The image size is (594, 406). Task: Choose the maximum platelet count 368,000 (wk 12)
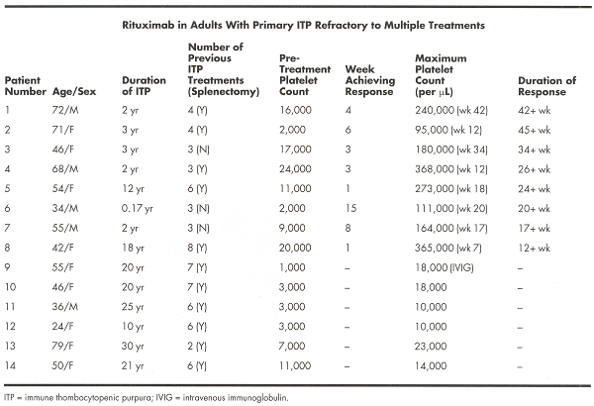pyautogui.click(x=454, y=171)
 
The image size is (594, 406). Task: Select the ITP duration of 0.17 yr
pyautogui.click(x=139, y=210)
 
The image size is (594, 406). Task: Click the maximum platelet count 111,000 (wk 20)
pyautogui.click(x=454, y=210)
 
